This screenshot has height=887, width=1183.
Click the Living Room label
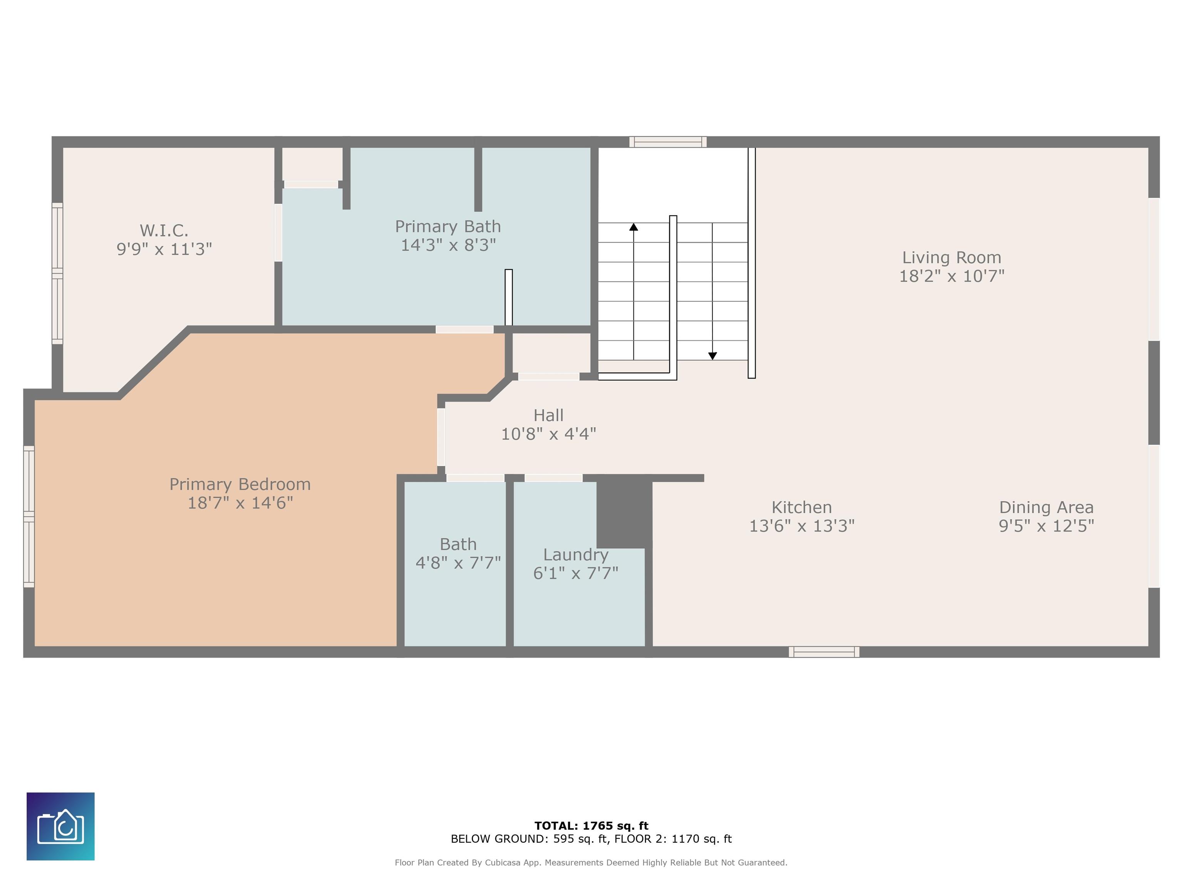click(952, 258)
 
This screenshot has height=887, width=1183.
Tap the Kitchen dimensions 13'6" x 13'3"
click(802, 526)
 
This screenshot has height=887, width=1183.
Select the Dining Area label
click(1046, 507)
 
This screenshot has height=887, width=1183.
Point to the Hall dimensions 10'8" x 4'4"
click(548, 433)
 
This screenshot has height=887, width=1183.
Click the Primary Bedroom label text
click(240, 484)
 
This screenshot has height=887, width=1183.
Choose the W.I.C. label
click(164, 231)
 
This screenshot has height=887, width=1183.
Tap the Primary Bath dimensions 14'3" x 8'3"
click(448, 245)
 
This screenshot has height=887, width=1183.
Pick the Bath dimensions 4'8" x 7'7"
click(458, 562)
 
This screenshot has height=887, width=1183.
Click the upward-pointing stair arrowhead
click(634, 227)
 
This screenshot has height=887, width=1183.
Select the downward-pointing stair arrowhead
click(712, 356)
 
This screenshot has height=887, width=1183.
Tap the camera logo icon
click(60, 826)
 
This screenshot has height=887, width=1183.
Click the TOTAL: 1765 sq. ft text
click(591, 825)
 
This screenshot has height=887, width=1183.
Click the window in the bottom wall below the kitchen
click(824, 652)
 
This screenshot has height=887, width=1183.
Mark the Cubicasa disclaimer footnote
click(591, 862)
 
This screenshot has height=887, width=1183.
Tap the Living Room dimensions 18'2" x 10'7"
click(952, 276)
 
